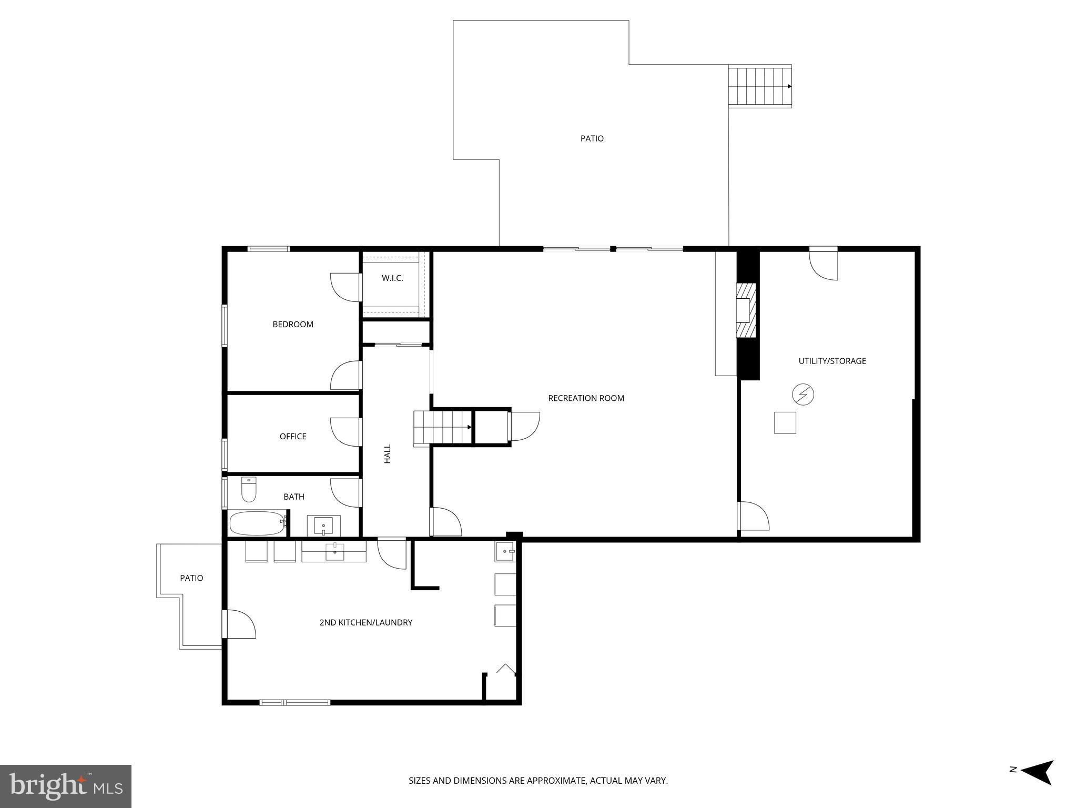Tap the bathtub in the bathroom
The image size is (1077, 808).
pyautogui.click(x=257, y=523)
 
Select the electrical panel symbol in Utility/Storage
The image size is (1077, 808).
pyautogui.click(x=803, y=395)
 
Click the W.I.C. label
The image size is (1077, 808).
pyautogui.click(x=392, y=278)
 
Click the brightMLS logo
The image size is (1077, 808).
pyautogui.click(x=66, y=786)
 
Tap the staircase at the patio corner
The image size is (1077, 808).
pyautogui.click(x=759, y=86)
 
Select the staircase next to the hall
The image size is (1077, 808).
pyautogui.click(x=442, y=427)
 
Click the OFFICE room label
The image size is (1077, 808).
pyautogui.click(x=293, y=436)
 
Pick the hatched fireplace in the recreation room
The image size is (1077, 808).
pyautogui.click(x=746, y=310)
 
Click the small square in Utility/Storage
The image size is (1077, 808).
pyautogui.click(x=785, y=422)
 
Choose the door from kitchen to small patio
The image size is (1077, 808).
pyautogui.click(x=239, y=624)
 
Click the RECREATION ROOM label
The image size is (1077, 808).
pyautogui.click(x=586, y=398)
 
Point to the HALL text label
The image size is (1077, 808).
pyautogui.click(x=388, y=453)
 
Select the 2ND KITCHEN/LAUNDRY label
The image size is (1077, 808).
pyautogui.click(x=365, y=622)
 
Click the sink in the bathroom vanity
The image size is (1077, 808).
pyautogui.click(x=323, y=525)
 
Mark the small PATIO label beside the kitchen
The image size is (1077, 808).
pyautogui.click(x=191, y=578)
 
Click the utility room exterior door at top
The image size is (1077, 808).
pyautogui.click(x=823, y=264)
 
